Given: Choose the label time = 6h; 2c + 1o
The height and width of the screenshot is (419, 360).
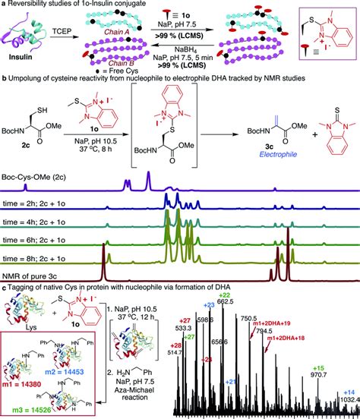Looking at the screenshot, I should point(39,241).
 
